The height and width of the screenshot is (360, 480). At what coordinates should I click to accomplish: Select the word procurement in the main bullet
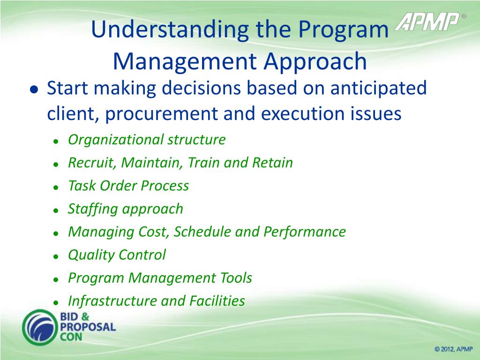pos(161,113)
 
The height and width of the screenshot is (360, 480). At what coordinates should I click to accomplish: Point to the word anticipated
pos(378,88)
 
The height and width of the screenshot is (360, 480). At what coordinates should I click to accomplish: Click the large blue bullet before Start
pos(34,90)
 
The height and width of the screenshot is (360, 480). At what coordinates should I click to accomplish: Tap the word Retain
pos(272,163)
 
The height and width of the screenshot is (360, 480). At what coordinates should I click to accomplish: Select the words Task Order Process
pos(128,186)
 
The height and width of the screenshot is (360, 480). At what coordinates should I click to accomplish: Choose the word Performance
pos(305,232)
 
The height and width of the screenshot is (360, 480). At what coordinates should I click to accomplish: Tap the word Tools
pos(234,278)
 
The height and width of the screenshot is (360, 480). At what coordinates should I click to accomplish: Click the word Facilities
pos(217,301)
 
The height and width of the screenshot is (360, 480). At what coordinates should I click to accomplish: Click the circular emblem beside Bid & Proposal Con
pos(40,328)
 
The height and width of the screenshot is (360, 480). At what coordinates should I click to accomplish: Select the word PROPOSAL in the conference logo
pos(88,327)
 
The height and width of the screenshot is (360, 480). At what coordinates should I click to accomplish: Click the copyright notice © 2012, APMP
pos(453,349)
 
